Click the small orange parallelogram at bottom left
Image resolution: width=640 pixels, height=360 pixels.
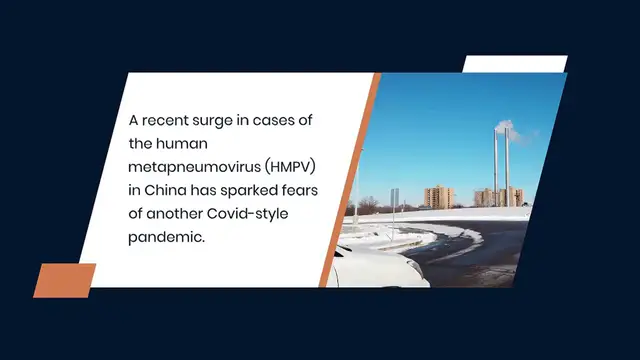point(65,280)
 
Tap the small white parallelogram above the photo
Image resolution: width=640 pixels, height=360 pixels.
point(514,64)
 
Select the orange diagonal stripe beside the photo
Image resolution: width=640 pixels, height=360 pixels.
point(349,180)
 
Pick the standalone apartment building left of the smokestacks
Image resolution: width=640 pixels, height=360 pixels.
point(439,196)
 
